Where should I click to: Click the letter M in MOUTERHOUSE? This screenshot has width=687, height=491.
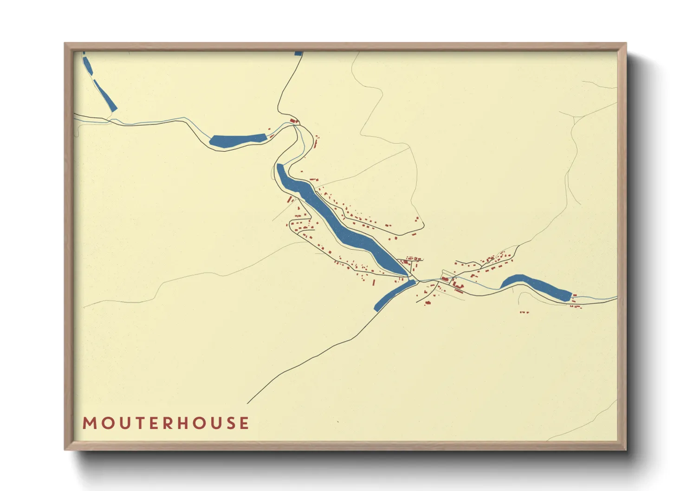coord(89,423)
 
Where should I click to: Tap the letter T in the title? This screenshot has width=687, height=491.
coord(139,423)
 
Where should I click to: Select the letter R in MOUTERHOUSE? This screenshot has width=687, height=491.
coord(168,423)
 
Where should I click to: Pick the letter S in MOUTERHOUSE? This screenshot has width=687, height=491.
coord(231,423)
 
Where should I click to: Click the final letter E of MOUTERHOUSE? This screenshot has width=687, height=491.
coord(244,423)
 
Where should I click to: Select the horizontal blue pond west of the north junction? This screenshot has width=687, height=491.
coord(237,140)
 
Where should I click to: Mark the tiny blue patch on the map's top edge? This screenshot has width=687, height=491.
coord(298,53)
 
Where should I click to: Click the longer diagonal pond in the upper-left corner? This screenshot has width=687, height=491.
coord(105,96)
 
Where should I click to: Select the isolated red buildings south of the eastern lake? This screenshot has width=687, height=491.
coord(524,312)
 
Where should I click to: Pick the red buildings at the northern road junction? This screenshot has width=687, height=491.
coord(293,122)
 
